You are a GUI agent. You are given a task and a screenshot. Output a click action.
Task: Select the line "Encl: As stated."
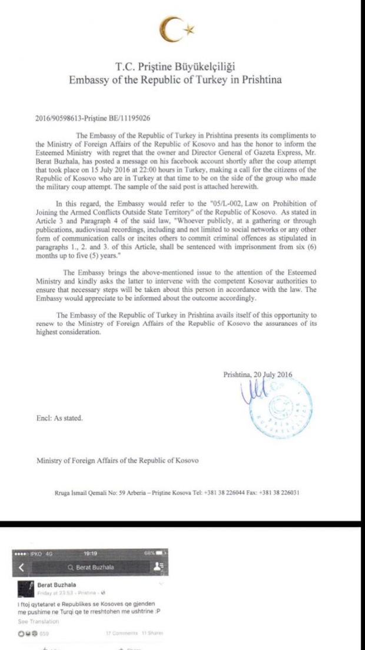[x=59, y=418]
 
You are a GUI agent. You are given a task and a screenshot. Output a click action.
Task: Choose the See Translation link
[x=38, y=621]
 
